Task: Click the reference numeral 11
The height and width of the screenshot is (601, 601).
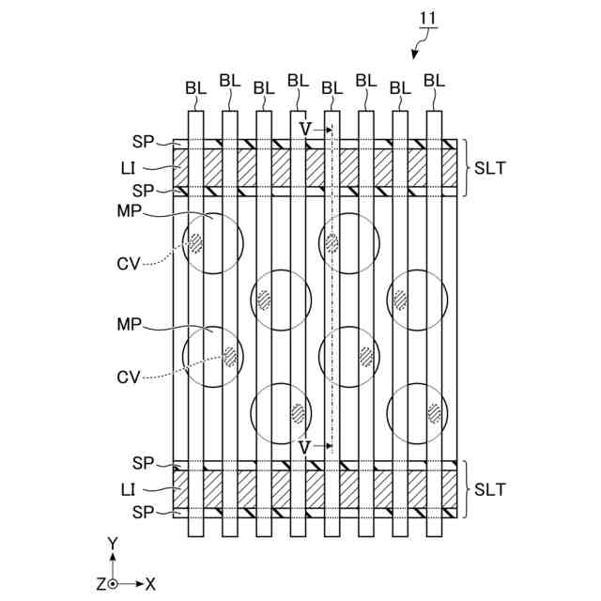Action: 427,17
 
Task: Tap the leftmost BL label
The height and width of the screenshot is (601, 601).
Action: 195,87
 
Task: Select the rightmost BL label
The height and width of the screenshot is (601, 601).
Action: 434,81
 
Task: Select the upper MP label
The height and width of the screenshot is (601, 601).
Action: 129,213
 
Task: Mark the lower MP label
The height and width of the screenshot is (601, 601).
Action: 129,325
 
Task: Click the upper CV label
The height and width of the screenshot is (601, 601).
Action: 129,264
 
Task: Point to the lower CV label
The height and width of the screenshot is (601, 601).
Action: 129,377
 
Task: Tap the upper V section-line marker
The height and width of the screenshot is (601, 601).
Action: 304,128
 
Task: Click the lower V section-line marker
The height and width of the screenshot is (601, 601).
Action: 304,446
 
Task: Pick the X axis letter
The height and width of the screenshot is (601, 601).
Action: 150,584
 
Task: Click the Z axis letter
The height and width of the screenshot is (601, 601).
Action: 100,584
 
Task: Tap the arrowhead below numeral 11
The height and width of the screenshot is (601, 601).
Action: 417,54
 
